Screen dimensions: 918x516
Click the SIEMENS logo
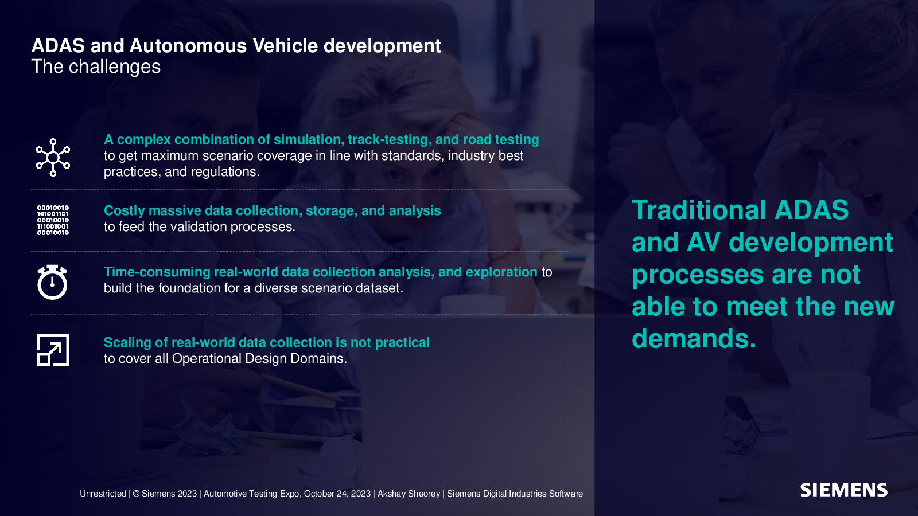[x=844, y=490]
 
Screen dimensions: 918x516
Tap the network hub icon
[x=53, y=158]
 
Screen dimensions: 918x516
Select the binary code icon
[x=53, y=220]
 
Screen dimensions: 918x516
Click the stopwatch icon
[x=52, y=282]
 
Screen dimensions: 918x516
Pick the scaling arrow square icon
[x=53, y=350]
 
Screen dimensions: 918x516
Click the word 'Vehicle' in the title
[x=285, y=45]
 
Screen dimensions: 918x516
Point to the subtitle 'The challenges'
[x=96, y=67]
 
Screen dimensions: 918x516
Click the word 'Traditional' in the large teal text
[x=699, y=210]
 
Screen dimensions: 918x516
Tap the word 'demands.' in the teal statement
[x=694, y=338]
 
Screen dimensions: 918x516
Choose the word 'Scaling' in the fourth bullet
[x=127, y=342]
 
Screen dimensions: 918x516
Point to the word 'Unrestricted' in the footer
[x=103, y=494]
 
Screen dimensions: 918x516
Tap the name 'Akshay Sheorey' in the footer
[x=409, y=494]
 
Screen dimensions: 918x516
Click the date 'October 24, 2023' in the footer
[x=337, y=494]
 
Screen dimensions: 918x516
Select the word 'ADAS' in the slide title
[x=58, y=45]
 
